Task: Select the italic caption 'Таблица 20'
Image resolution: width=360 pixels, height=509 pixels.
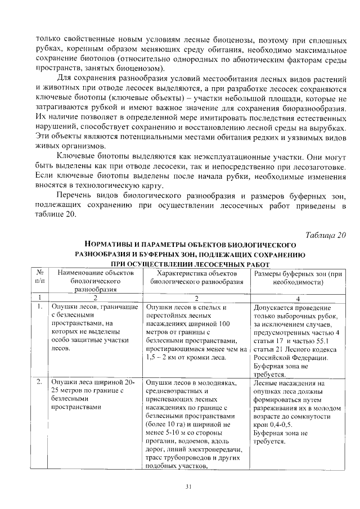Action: [326, 235]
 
